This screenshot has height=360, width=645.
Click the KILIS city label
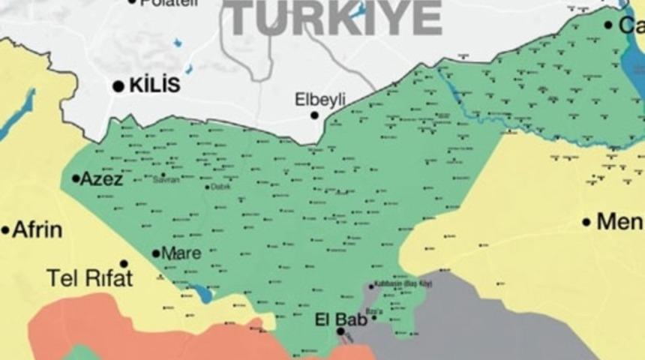click(x=154, y=85)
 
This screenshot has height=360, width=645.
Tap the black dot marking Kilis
click(x=118, y=87)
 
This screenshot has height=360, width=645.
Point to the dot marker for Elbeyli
click(x=315, y=115)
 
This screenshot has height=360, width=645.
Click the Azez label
click(x=101, y=178)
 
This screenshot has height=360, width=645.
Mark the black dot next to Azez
click(x=76, y=178)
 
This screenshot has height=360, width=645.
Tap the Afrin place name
click(x=37, y=229)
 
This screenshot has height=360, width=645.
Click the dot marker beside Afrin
click(x=5, y=230)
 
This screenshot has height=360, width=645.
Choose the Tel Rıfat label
click(x=89, y=278)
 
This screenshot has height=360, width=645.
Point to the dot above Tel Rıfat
click(x=124, y=263)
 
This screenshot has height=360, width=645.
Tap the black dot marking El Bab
click(x=340, y=331)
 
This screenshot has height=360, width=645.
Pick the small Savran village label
click(x=166, y=181)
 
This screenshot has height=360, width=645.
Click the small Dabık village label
click(x=220, y=187)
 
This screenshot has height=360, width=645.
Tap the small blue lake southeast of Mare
click(x=201, y=293)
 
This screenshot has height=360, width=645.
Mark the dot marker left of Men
click(x=586, y=222)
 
